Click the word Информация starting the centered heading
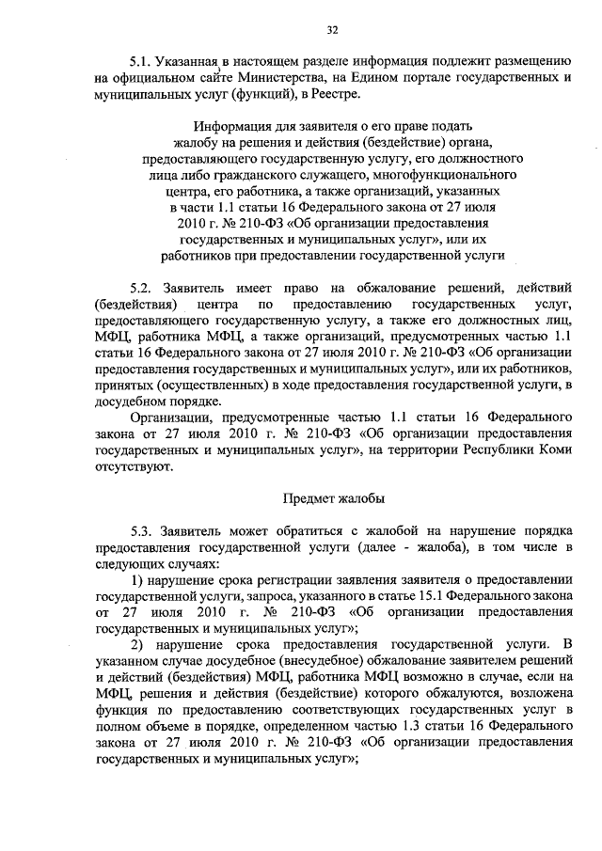235,125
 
